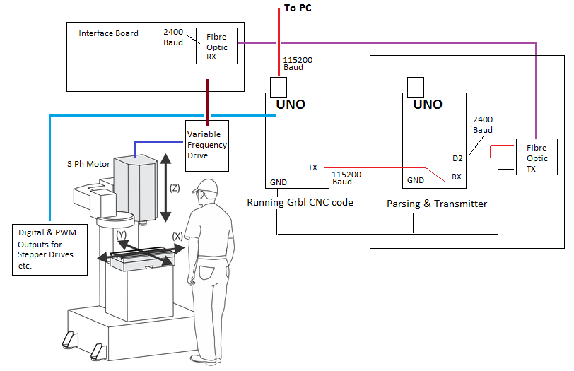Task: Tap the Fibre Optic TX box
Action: (536, 159)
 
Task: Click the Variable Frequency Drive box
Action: (206, 145)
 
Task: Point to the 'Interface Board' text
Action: (108, 33)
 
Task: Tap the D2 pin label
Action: (458, 158)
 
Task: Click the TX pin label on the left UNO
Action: (312, 167)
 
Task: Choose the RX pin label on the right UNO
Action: (457, 177)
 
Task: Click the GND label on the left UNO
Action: (279, 182)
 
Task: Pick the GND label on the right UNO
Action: (416, 180)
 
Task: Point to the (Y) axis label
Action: (122, 233)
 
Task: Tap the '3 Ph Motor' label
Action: (88, 164)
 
